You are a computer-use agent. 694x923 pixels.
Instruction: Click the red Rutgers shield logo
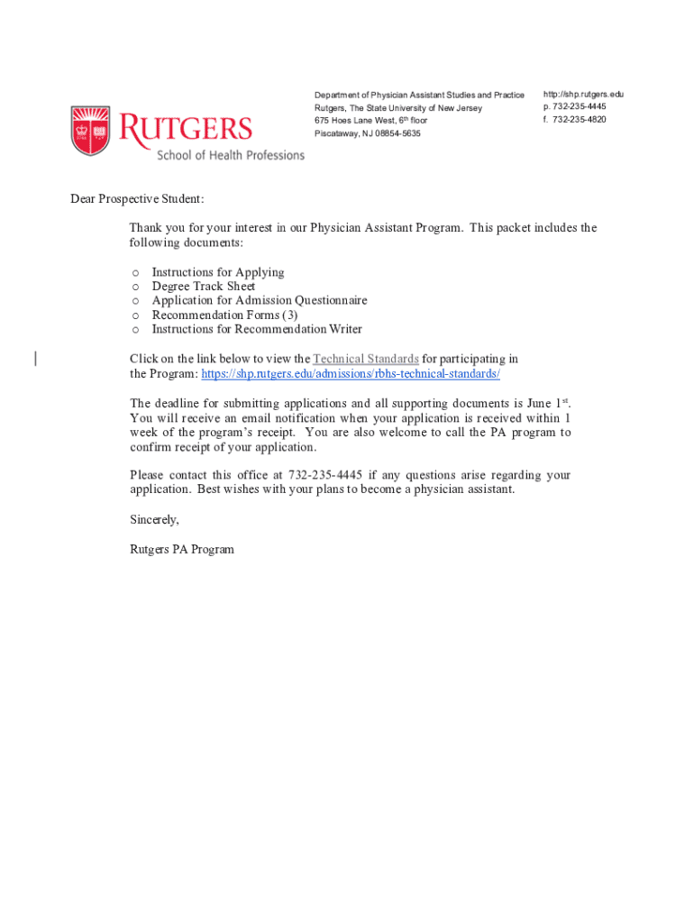click(x=90, y=131)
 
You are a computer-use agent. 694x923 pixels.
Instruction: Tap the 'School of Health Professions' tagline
click(x=231, y=155)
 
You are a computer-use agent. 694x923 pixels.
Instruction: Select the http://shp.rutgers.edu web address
click(x=582, y=94)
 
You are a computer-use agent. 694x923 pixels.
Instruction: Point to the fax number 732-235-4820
click(x=579, y=119)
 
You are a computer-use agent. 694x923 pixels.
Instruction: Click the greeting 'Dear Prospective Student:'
click(x=137, y=198)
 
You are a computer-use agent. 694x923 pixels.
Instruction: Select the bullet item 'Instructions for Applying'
click(x=217, y=272)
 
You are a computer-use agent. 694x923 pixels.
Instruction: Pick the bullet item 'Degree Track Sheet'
click(x=203, y=287)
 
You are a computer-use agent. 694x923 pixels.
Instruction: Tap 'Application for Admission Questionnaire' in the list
click(x=259, y=300)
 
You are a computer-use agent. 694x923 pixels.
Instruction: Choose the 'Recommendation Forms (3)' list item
click(x=224, y=315)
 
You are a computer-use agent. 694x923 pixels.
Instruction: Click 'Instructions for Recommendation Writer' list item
click(x=257, y=329)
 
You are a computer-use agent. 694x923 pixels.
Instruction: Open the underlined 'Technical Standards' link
click(x=365, y=359)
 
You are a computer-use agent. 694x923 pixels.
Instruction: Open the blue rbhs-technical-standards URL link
click(x=350, y=373)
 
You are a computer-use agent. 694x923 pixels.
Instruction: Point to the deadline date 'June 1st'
click(x=547, y=403)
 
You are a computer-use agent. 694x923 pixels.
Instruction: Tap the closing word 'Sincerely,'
click(x=154, y=519)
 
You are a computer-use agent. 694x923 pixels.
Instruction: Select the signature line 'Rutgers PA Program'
click(x=181, y=549)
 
